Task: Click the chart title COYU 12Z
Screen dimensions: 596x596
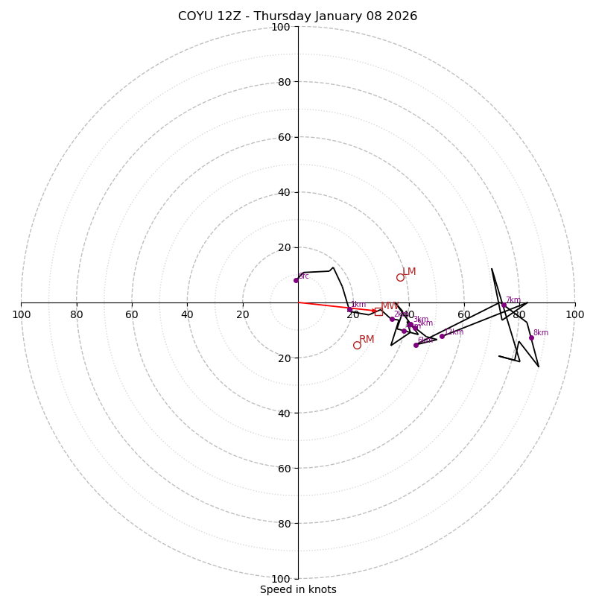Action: tap(297, 16)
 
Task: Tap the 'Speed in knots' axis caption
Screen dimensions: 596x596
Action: tap(298, 589)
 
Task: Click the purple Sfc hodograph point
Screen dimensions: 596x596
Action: tap(296, 280)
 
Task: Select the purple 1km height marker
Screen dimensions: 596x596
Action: tap(349, 309)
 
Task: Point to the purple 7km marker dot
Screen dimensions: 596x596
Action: tap(504, 305)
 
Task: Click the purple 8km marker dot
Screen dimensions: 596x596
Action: tap(531, 337)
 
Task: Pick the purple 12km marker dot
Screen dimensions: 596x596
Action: tap(442, 336)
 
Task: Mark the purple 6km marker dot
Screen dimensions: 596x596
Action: tap(416, 345)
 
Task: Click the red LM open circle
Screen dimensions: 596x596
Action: tap(400, 277)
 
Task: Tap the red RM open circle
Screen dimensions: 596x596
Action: tap(357, 345)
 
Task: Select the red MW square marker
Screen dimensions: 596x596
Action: tap(378, 311)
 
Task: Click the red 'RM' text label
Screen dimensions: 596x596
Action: tap(367, 340)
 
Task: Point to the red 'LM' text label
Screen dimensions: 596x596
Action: tap(409, 272)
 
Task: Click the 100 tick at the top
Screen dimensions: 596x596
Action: tap(281, 27)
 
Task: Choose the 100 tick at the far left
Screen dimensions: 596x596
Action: tap(21, 314)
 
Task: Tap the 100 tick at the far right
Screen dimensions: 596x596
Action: tap(574, 314)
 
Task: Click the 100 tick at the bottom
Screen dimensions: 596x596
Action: tap(281, 578)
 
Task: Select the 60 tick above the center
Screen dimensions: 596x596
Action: tap(284, 137)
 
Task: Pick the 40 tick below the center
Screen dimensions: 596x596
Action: tap(284, 413)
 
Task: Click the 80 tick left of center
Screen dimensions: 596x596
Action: tap(77, 314)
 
